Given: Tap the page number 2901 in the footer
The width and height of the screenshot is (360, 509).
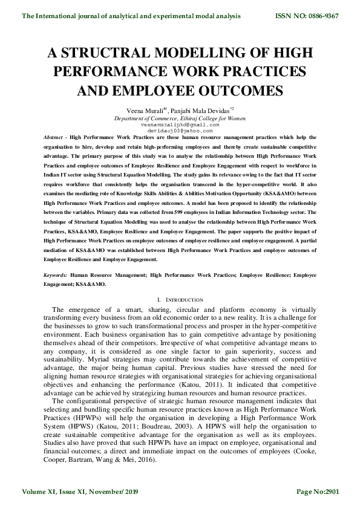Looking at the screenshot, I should click(329, 493).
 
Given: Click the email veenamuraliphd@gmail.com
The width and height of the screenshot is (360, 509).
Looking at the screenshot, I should click(180, 125).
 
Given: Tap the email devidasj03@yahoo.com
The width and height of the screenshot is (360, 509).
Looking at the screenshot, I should click(180, 131).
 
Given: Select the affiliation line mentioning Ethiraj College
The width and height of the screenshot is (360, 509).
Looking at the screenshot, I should click(180, 118).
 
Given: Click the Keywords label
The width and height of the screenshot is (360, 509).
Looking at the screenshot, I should click(55, 275).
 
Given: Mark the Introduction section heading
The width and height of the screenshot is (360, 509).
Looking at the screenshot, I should click(182, 300).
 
